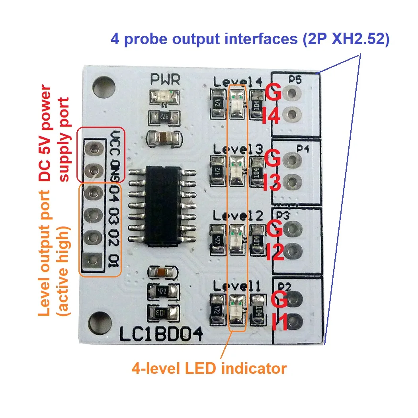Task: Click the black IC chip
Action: coord(161,205)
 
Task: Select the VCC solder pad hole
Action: coord(94,149)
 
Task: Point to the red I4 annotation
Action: coord(272,116)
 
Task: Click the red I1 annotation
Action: coord(280,322)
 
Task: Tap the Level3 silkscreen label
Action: coord(238,150)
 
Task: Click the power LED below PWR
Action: coord(164,97)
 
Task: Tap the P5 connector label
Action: coord(295,80)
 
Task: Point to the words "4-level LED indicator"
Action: coord(209,368)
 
